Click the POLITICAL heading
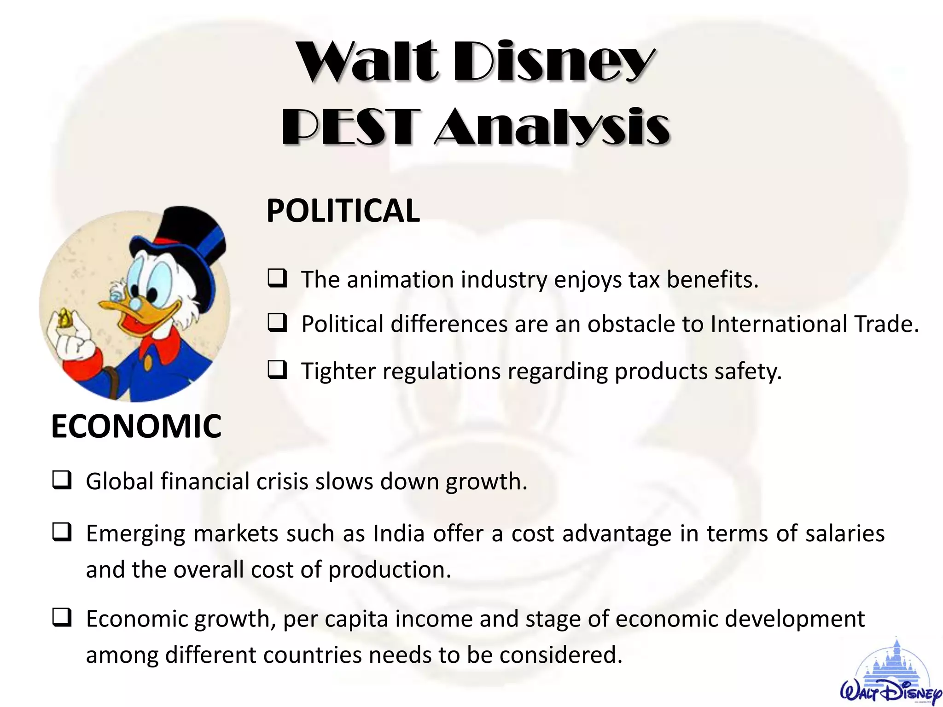coord(343,211)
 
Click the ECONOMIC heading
coord(136,426)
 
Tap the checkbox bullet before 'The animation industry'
coord(278,279)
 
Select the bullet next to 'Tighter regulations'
coord(278,370)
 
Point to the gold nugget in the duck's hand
coord(64,318)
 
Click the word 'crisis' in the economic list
coord(282,481)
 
